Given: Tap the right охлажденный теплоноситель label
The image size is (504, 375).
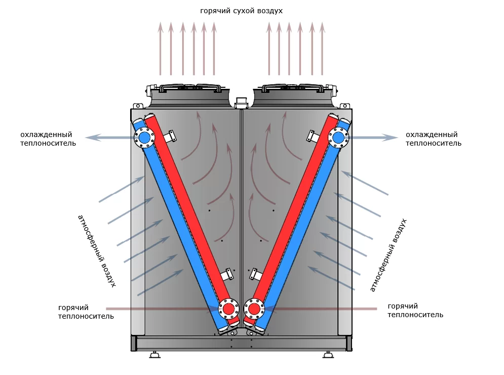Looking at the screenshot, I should (433, 139).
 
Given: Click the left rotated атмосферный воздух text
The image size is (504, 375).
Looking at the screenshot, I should (97, 251).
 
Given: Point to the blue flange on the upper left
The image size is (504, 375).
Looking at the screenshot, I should (144, 137).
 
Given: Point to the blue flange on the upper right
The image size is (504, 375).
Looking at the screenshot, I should (338, 137).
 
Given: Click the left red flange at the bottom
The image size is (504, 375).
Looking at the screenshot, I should (229, 308).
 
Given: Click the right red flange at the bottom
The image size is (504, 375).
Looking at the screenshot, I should (254, 308).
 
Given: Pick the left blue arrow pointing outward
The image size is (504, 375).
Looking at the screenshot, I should (109, 138).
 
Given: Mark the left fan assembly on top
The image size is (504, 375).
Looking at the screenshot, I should (190, 94).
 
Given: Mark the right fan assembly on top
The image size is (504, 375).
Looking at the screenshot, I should (293, 94).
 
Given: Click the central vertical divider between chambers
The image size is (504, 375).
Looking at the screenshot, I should (242, 203).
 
